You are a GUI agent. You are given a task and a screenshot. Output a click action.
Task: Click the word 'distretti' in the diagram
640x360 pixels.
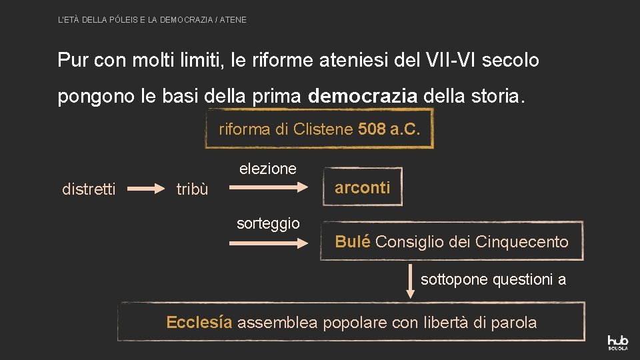(89, 189)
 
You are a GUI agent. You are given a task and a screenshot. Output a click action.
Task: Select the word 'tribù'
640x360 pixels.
(192, 189)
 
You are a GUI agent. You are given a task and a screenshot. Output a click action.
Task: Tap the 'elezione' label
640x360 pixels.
(268, 169)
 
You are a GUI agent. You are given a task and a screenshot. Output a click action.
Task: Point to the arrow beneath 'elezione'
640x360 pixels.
(267, 189)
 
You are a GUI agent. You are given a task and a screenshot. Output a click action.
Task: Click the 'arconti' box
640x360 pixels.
(362, 187)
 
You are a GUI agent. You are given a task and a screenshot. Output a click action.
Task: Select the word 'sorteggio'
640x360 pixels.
(268, 223)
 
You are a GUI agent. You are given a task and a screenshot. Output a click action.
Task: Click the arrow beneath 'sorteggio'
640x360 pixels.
(267, 244)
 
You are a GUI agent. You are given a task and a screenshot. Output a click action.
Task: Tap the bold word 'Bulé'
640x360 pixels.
(353, 241)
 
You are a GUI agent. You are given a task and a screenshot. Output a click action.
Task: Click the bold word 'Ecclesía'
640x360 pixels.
(199, 323)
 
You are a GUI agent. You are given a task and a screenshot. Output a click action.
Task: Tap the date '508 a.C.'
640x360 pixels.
(389, 129)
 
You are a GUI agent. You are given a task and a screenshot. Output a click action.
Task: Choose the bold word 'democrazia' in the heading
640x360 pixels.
(363, 97)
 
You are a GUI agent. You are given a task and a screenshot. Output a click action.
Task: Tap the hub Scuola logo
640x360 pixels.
(618, 341)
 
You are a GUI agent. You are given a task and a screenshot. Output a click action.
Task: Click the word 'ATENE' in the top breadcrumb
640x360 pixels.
(233, 20)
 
